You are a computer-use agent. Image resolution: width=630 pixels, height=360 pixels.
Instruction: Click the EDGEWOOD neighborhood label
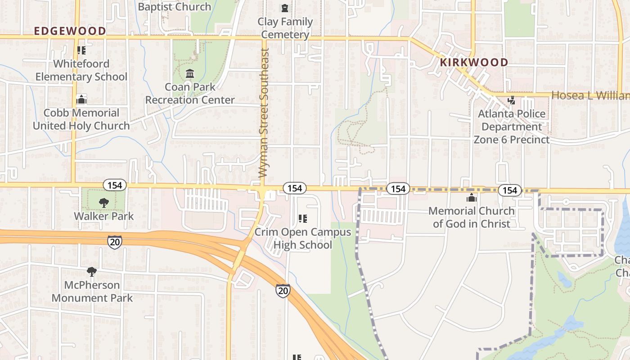point(70,31)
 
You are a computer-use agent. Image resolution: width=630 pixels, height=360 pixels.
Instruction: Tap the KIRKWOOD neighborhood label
point(474,62)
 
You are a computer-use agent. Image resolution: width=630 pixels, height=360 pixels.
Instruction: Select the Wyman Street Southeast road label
point(264,112)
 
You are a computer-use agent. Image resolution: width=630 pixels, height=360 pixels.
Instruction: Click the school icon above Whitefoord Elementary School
point(81,50)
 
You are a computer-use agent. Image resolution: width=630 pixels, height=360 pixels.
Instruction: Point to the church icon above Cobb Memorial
point(81,99)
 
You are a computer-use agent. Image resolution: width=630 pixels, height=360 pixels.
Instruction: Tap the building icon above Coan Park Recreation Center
point(189,73)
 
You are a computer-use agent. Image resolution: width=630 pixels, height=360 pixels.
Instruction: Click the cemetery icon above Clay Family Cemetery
point(285,8)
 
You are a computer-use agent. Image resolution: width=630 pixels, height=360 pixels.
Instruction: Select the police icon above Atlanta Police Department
point(511,100)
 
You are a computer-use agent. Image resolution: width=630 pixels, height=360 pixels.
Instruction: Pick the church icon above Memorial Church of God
point(471,198)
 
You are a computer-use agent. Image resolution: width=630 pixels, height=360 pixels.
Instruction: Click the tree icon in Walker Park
point(103,203)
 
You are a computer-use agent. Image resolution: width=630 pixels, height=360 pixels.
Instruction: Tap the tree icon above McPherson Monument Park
point(92,272)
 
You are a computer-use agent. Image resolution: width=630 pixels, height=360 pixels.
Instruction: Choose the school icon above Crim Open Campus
point(302,219)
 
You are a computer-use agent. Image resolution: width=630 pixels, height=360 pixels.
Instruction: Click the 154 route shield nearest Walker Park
point(115,185)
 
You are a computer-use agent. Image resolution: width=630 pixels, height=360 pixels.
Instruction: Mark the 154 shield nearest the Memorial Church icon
point(509,190)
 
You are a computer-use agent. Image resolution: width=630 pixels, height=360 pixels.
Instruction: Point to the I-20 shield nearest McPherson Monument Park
point(114,242)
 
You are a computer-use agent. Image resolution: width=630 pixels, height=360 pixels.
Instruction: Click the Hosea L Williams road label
point(590,95)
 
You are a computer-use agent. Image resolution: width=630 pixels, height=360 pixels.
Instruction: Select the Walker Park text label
point(103,216)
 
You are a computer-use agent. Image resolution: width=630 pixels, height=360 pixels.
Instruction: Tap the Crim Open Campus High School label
point(302,238)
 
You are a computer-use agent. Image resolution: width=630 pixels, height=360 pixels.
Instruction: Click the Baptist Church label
point(174,7)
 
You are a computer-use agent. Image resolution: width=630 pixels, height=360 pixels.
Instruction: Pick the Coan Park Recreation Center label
point(189,93)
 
